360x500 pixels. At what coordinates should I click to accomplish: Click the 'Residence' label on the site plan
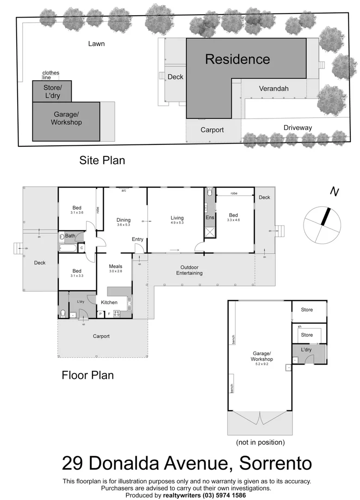click(x=237, y=59)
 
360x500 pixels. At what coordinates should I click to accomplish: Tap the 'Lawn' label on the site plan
click(x=96, y=44)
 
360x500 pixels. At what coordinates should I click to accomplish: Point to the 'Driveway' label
click(x=298, y=128)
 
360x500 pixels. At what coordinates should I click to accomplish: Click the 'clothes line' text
click(x=50, y=75)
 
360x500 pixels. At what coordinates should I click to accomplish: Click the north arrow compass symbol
click(x=323, y=224)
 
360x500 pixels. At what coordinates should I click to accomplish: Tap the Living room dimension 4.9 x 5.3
click(x=177, y=223)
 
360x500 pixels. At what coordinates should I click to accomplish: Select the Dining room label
click(x=124, y=220)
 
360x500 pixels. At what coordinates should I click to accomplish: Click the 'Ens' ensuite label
click(x=209, y=217)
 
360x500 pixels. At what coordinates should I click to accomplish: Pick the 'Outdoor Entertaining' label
click(x=189, y=270)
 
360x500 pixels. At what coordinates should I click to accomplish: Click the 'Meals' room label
click(x=116, y=266)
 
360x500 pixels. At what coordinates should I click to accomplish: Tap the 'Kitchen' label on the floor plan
click(x=109, y=302)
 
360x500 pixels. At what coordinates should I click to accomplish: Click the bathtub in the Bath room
click(x=66, y=248)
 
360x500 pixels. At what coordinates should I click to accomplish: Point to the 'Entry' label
click(x=137, y=239)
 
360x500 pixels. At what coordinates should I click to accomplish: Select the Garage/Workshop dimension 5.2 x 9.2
click(x=262, y=364)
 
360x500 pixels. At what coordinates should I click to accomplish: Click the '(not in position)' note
click(x=260, y=442)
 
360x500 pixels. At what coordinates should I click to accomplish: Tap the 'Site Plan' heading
click(x=102, y=161)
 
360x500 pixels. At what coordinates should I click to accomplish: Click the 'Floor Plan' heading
click(x=87, y=375)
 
